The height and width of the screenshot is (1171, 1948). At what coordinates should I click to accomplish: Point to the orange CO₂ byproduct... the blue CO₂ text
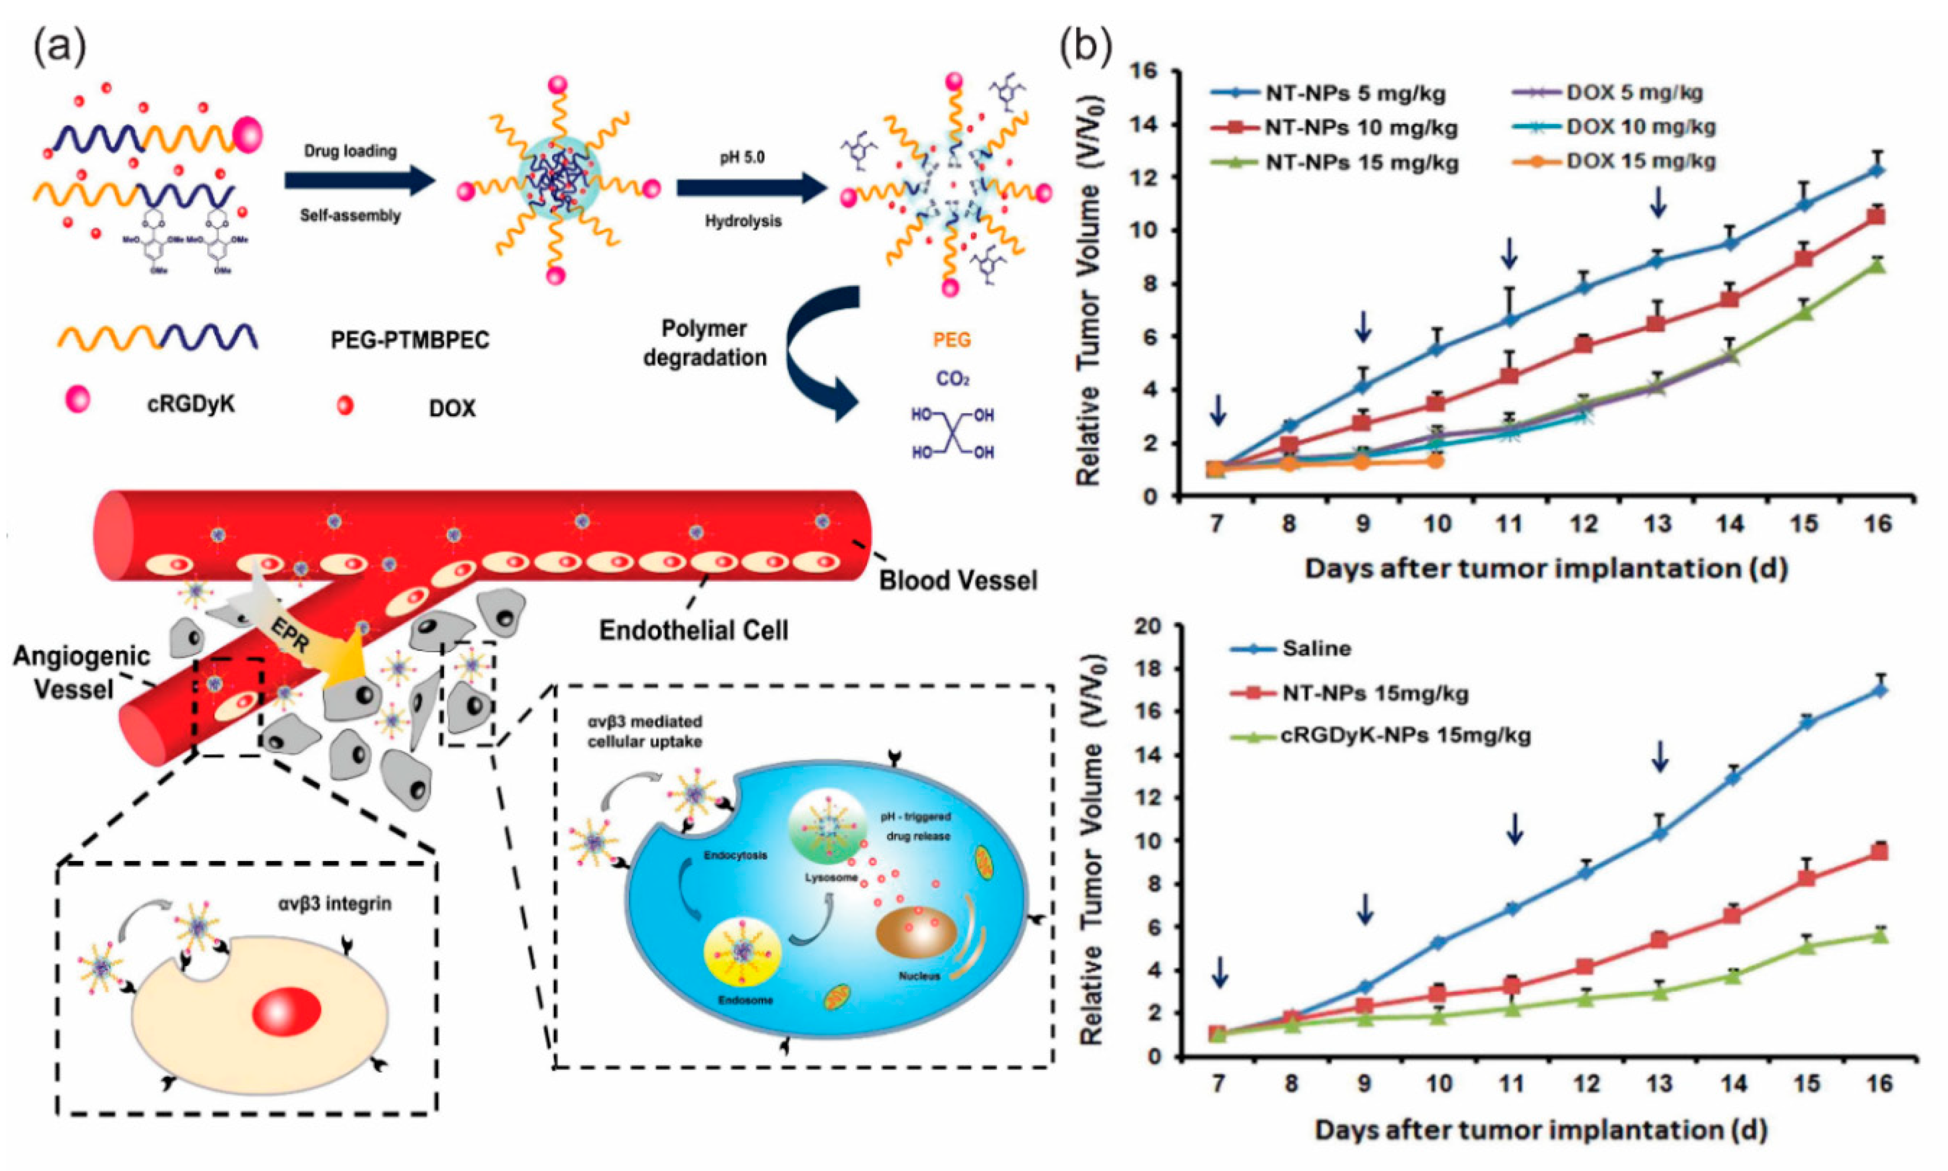952,379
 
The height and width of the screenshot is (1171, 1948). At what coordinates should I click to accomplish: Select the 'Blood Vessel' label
958,581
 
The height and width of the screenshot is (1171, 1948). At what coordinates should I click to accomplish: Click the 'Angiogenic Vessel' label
81,672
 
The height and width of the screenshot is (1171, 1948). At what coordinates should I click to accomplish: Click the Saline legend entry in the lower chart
1316,649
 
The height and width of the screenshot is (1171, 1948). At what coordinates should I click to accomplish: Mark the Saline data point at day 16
1879,690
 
